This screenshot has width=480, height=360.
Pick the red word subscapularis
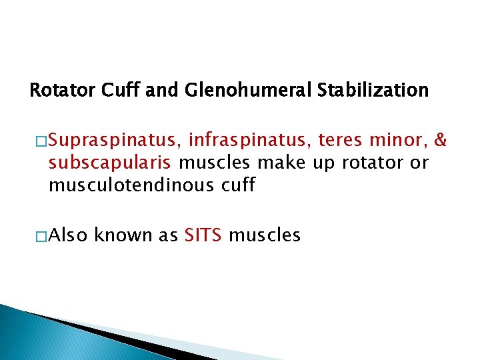(x=110, y=163)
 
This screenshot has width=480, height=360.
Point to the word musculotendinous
(x=131, y=185)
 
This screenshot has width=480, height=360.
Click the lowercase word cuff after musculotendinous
(x=237, y=185)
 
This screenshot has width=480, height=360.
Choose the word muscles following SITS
(x=265, y=235)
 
